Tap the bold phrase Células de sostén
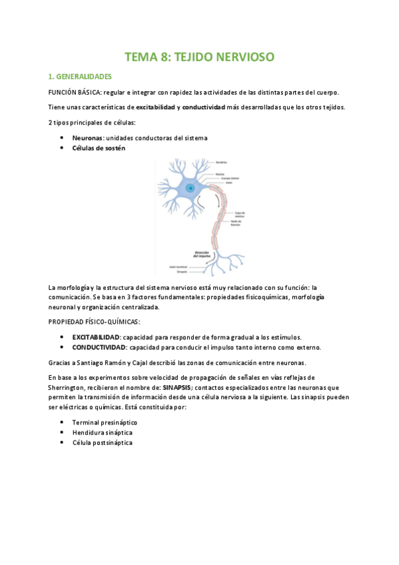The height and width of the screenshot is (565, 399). [x=99, y=148]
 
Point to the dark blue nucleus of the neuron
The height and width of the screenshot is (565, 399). [x=191, y=189]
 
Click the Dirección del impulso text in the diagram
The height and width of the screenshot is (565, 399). [x=202, y=254]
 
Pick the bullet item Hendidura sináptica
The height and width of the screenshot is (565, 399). [x=102, y=432]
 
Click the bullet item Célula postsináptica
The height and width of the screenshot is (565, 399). [x=102, y=442]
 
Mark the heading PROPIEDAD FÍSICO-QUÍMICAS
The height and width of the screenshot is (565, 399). [x=94, y=322]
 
